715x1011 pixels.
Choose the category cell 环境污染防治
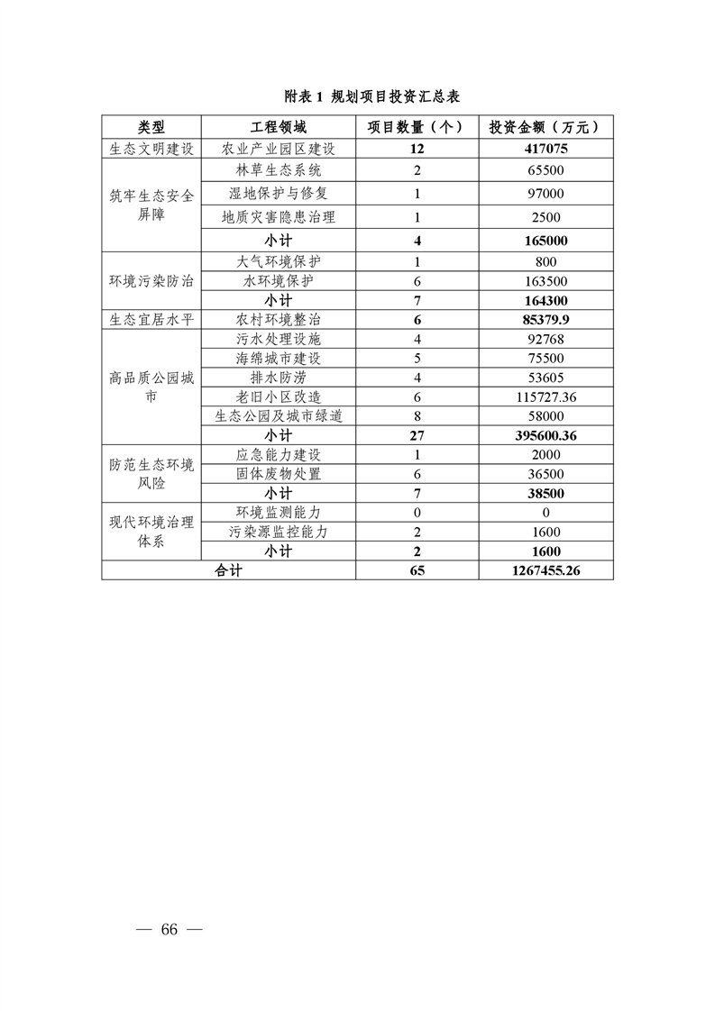[151, 280]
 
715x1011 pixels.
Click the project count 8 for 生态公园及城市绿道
[417, 415]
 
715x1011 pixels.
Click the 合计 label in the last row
[229, 570]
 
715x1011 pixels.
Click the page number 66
[169, 930]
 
